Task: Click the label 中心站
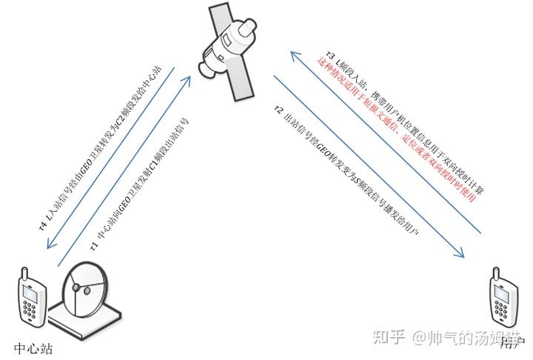point(34,347)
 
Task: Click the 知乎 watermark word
point(389,338)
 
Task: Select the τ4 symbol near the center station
point(43,220)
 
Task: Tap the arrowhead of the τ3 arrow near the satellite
point(292,53)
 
